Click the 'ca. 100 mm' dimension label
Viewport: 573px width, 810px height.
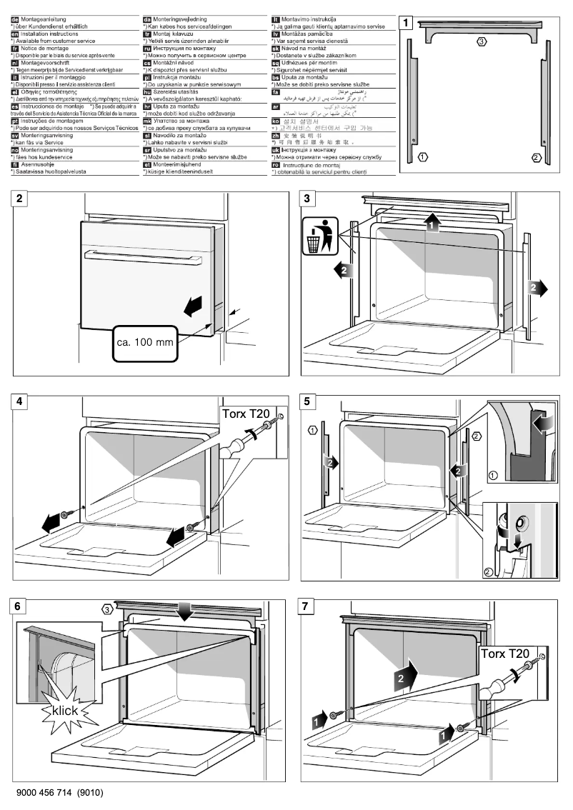pyautogui.click(x=145, y=342)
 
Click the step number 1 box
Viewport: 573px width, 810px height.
pyautogui.click(x=407, y=22)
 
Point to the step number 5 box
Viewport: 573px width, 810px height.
pyautogui.click(x=308, y=401)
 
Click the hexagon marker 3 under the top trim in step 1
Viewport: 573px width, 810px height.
pyautogui.click(x=482, y=42)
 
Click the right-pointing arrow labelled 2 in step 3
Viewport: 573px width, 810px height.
pyautogui.click(x=535, y=287)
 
